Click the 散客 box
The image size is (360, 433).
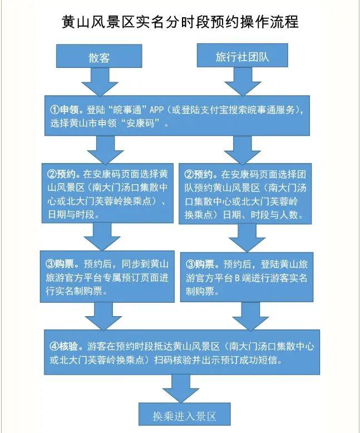[99, 58]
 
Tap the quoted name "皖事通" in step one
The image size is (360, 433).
[124, 109]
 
